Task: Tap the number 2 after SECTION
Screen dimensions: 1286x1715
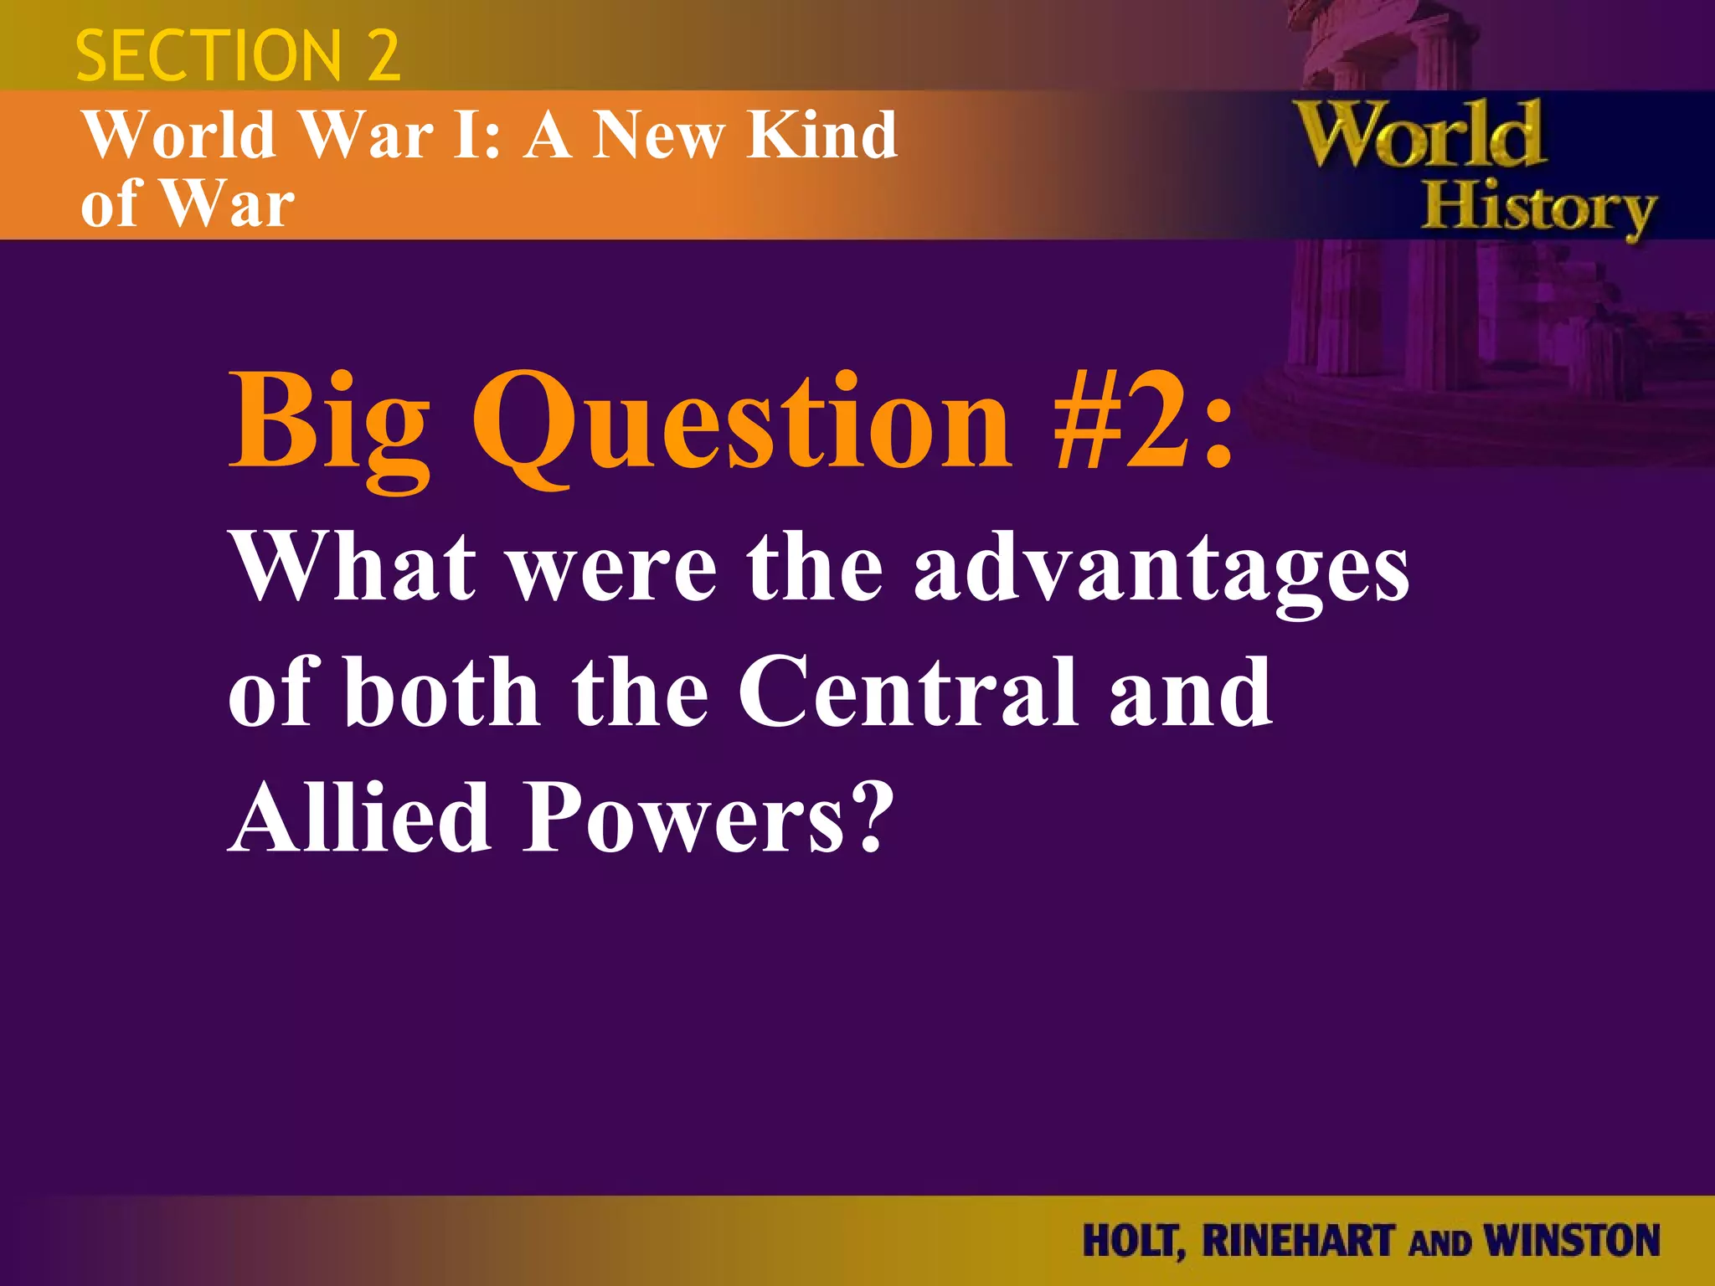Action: [x=383, y=56]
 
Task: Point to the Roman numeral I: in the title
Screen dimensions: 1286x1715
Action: [x=477, y=135]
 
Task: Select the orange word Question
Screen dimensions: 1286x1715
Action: [x=742, y=423]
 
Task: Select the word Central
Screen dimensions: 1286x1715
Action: [x=908, y=693]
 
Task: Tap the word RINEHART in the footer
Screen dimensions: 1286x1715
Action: [x=1299, y=1241]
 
